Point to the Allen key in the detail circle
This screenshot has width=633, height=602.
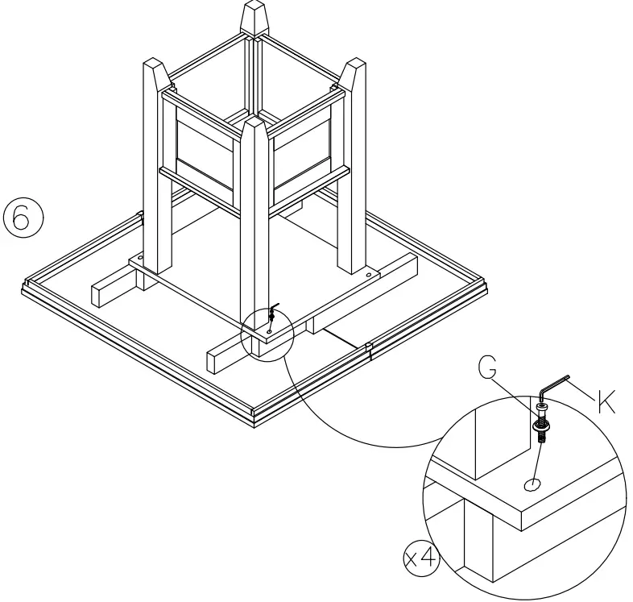pos(554,386)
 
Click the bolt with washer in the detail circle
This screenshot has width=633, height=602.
pos(541,423)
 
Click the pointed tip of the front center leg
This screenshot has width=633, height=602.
pos(254,129)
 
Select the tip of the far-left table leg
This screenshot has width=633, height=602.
pos(154,69)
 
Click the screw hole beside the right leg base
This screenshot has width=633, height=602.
pos(369,275)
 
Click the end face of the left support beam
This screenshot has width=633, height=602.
pos(98,293)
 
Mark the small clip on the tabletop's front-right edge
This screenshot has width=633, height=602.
pos(369,349)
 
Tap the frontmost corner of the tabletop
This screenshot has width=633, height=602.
pos(256,419)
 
